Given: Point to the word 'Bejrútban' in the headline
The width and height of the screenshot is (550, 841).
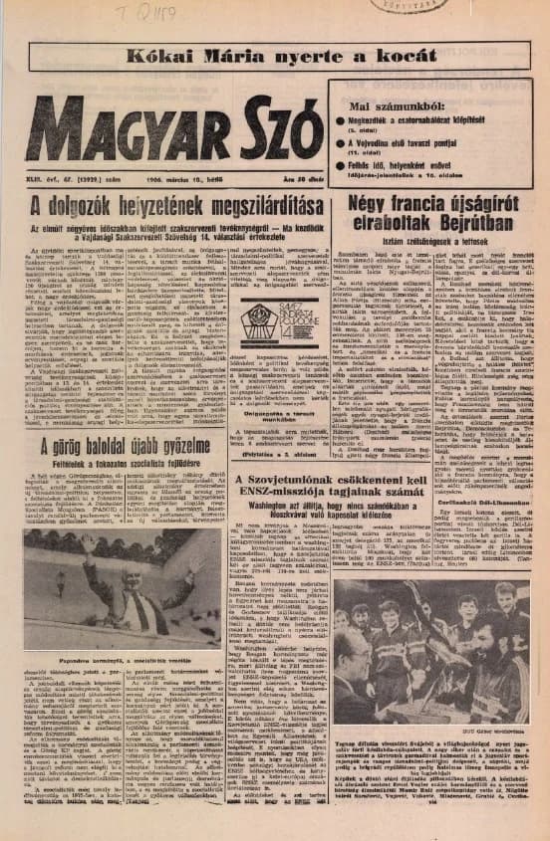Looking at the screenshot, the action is click(451, 223).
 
